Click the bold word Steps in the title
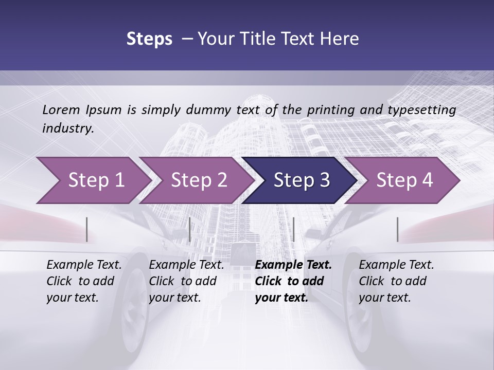(x=149, y=39)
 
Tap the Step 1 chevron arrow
(x=93, y=180)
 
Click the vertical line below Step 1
(x=87, y=230)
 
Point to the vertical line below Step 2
(x=190, y=230)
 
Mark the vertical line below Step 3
(x=293, y=230)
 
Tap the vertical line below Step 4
(x=398, y=230)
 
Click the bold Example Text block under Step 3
(x=293, y=281)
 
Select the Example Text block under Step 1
(x=84, y=281)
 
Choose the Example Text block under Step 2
(x=186, y=281)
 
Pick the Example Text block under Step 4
(x=396, y=281)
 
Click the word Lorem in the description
(x=61, y=109)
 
